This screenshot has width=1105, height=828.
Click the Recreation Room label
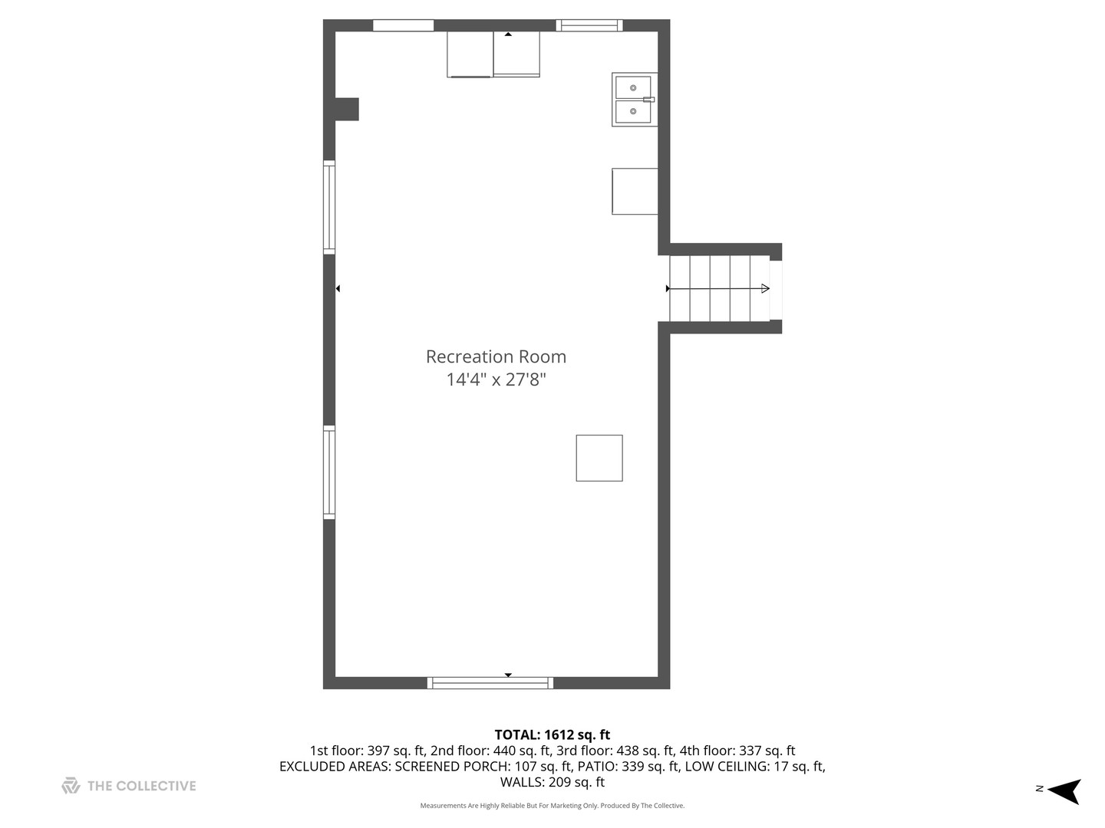pyautogui.click(x=496, y=356)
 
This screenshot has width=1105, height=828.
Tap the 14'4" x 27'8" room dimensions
pyautogui.click(x=496, y=379)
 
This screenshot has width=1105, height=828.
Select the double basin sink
pyautogui.click(x=634, y=100)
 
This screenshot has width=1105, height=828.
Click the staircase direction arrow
pyautogui.click(x=718, y=288)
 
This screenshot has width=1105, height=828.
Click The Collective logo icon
pyautogui.click(x=71, y=786)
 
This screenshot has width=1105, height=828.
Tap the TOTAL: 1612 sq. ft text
pyautogui.click(x=552, y=735)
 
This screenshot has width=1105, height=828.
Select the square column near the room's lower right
pyautogui.click(x=599, y=458)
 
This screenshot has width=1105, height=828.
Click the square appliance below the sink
pyautogui.click(x=635, y=191)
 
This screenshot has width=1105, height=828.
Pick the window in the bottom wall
pyautogui.click(x=490, y=682)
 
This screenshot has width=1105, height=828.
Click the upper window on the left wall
pyautogui.click(x=329, y=207)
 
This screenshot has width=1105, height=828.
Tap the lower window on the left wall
pyautogui.click(x=329, y=472)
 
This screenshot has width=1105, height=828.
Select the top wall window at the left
pyautogui.click(x=403, y=25)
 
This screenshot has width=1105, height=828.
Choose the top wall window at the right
pyautogui.click(x=589, y=25)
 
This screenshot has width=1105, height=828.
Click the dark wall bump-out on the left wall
pyautogui.click(x=347, y=109)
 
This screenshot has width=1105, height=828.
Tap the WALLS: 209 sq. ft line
pyautogui.click(x=552, y=782)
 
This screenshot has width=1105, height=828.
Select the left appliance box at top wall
pyautogui.click(x=470, y=54)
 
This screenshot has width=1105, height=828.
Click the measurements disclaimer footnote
pyautogui.click(x=552, y=806)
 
